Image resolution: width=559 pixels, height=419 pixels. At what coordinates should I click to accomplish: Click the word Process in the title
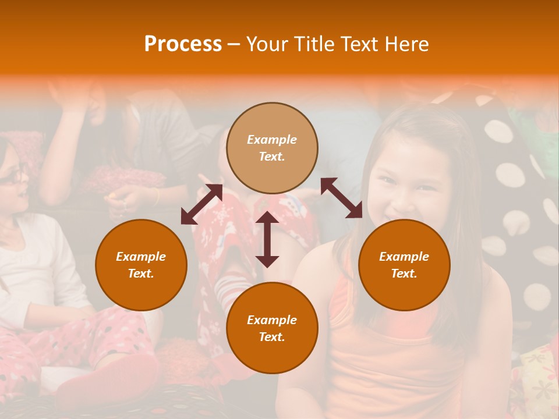pyautogui.click(x=183, y=44)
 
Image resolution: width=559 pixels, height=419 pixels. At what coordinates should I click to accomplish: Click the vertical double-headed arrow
pyautogui.click(x=267, y=239)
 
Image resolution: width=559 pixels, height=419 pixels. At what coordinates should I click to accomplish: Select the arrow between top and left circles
pyautogui.click(x=201, y=204)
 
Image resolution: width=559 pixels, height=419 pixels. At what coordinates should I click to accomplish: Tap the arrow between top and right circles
pyautogui.click(x=341, y=198)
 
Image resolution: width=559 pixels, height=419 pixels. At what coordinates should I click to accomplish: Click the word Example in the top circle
pyautogui.click(x=272, y=140)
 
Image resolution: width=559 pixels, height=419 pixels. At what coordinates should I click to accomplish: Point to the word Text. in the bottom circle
pyautogui.click(x=272, y=337)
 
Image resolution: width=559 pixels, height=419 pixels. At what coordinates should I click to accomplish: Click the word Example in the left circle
pyautogui.click(x=141, y=257)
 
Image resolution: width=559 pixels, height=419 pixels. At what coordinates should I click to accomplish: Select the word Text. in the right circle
pyautogui.click(x=404, y=274)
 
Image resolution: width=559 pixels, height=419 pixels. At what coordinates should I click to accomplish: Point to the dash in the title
pyautogui.click(x=233, y=44)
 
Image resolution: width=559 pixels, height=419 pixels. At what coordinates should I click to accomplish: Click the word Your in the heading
pyautogui.click(x=267, y=44)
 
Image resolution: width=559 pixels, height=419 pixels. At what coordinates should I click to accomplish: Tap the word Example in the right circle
pyautogui.click(x=404, y=257)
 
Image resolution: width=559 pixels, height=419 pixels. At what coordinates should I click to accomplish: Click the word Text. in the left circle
pyautogui.click(x=141, y=274)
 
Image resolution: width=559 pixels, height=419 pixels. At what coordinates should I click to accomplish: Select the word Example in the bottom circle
pyautogui.click(x=272, y=320)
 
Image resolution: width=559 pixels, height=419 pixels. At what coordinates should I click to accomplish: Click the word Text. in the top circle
pyautogui.click(x=272, y=157)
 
